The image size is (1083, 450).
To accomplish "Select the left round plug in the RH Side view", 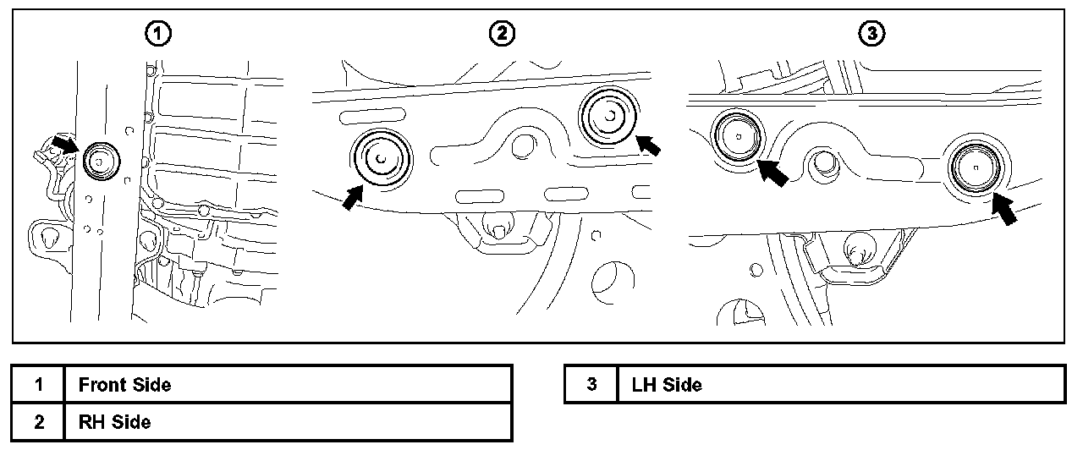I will pyautogui.click(x=381, y=158).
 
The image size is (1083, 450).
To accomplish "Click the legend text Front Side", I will pyautogui.click(x=124, y=385).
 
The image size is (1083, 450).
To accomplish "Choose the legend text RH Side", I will pyautogui.click(x=115, y=421).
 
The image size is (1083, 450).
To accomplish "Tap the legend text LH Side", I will pyautogui.click(x=667, y=385).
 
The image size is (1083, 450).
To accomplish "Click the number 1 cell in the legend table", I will pyautogui.click(x=39, y=385).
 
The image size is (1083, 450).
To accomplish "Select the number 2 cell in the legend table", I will pyautogui.click(x=39, y=421).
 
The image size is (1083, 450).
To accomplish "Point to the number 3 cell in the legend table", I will pyautogui.click(x=591, y=385).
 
